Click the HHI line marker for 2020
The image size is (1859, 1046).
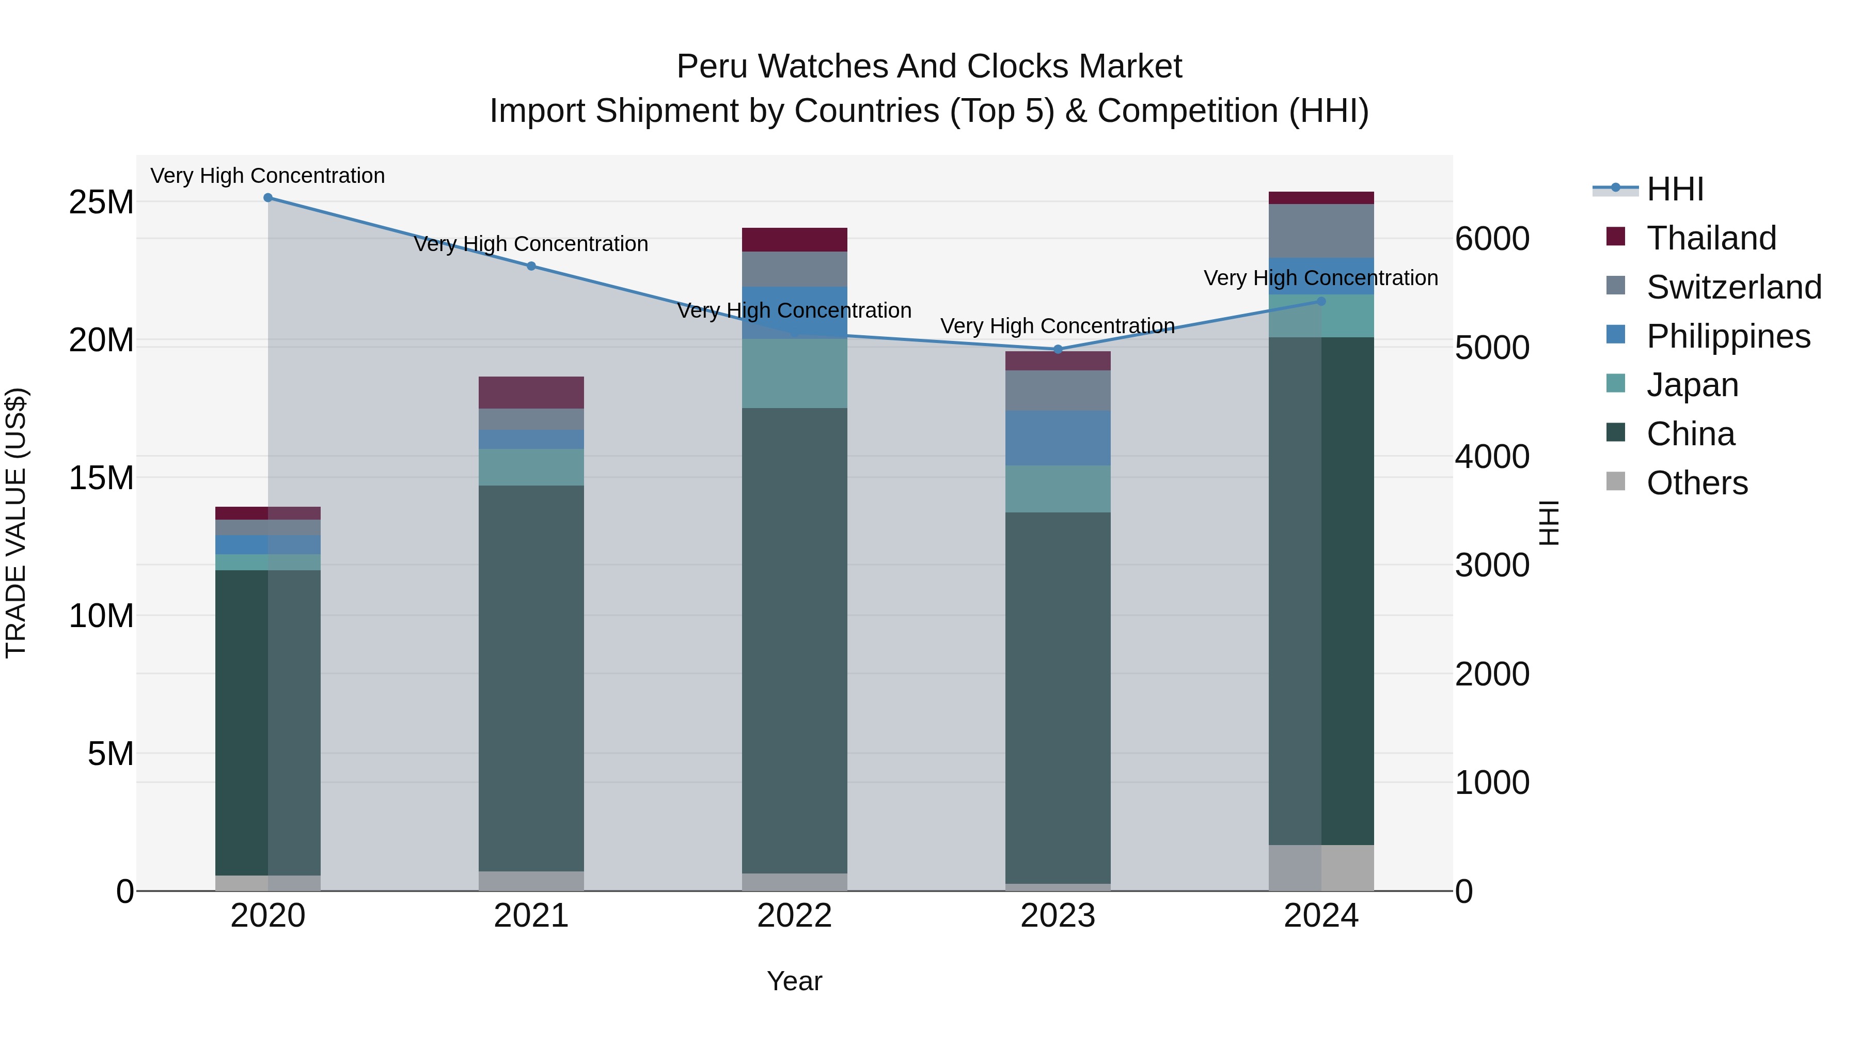click(267, 198)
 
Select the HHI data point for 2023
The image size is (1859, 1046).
click(1058, 349)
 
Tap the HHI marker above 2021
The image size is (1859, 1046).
click(531, 267)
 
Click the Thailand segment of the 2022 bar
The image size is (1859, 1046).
click(795, 240)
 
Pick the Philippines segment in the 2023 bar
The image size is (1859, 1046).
click(1058, 438)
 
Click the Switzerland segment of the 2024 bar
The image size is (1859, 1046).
click(1321, 231)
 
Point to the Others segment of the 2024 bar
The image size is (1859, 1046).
click(1321, 868)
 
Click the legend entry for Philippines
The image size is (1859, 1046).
click(1728, 336)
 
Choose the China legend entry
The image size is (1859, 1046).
click(1690, 434)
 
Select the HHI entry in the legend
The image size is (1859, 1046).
click(1674, 189)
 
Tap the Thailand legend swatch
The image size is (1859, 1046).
click(1616, 237)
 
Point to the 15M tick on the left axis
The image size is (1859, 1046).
click(101, 478)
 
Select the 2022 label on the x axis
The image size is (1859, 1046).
click(795, 916)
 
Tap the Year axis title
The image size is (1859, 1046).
click(795, 981)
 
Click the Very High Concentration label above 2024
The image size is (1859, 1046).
click(1320, 278)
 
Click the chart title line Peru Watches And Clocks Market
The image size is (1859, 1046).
click(929, 67)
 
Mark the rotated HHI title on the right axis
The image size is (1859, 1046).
click(1549, 523)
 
